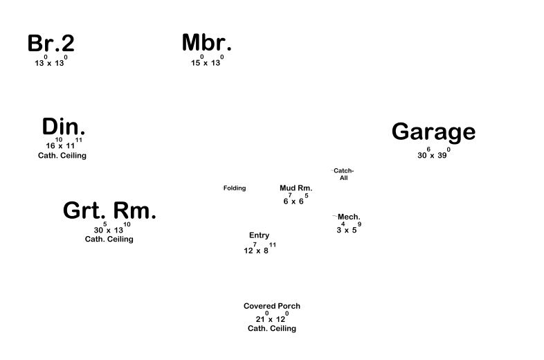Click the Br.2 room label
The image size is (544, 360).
pos(51,44)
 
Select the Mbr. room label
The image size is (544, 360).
pos(206,43)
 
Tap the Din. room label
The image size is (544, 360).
pos(63,127)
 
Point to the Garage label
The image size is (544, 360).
pos(433,132)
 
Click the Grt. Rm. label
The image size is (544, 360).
pos(109,211)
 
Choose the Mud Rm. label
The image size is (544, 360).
pos(296,188)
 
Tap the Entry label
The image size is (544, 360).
pos(259,235)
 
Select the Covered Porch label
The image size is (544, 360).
pos(271,306)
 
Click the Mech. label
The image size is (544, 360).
pos(349,217)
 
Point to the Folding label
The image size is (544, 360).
pos(234,188)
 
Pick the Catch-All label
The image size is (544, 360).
pos(343,174)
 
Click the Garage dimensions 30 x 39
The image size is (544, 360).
pos(433,154)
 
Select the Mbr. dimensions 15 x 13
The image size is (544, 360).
pos(206,62)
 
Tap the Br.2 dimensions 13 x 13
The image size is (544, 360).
pos(51,62)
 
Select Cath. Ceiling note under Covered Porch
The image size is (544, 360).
pos(271,329)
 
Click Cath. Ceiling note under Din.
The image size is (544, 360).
pos(62,156)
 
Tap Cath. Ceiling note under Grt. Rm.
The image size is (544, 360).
pos(109,240)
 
